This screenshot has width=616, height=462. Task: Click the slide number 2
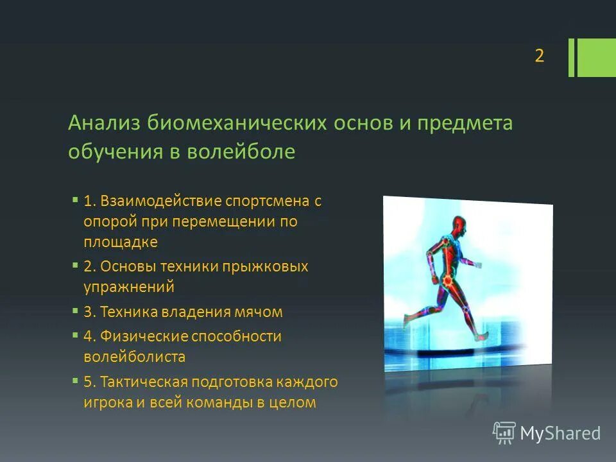[539, 56]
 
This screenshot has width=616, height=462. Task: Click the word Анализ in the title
[105, 123]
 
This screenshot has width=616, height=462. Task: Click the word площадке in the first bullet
[120, 242]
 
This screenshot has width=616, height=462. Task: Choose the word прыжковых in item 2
[269, 266]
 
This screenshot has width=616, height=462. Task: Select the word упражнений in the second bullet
[128, 287]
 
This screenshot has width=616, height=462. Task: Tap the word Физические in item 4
[144, 336]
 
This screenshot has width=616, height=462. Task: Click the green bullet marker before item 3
[76, 311]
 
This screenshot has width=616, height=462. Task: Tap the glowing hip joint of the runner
[447, 280]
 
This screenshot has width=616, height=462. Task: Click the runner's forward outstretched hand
[477, 263]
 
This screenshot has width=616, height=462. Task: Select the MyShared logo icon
[504, 433]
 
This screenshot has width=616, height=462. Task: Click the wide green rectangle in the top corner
[597, 58]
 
